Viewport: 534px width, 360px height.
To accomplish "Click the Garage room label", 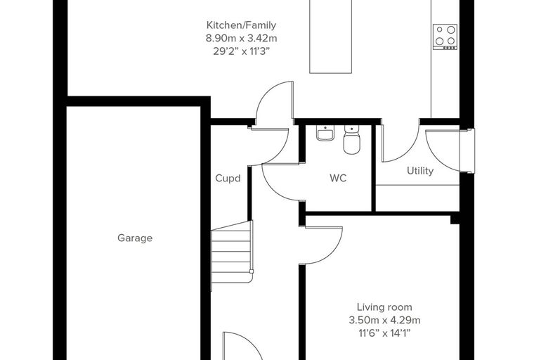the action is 135,238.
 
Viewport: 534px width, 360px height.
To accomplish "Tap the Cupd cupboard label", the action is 228,179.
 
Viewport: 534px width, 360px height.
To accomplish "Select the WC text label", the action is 338,178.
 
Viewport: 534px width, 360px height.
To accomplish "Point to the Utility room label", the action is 420,171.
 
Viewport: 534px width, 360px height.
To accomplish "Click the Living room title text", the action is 384,307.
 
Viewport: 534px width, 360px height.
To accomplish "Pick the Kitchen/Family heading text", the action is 241,25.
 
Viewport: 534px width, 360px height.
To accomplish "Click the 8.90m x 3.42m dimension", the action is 241,38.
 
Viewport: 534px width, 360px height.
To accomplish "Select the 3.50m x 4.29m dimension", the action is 384,320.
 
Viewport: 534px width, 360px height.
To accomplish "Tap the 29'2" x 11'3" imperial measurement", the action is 241,51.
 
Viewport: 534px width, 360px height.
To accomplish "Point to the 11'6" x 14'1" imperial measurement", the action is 384,333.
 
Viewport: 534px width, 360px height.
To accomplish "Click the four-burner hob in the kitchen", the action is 445,37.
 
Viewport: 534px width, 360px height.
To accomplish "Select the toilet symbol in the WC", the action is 351,139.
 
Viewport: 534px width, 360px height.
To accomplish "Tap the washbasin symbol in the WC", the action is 325,133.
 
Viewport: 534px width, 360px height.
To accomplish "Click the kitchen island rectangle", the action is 330,37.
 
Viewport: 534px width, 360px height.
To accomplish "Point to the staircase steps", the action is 232,255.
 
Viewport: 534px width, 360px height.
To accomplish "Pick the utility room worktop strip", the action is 417,198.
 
